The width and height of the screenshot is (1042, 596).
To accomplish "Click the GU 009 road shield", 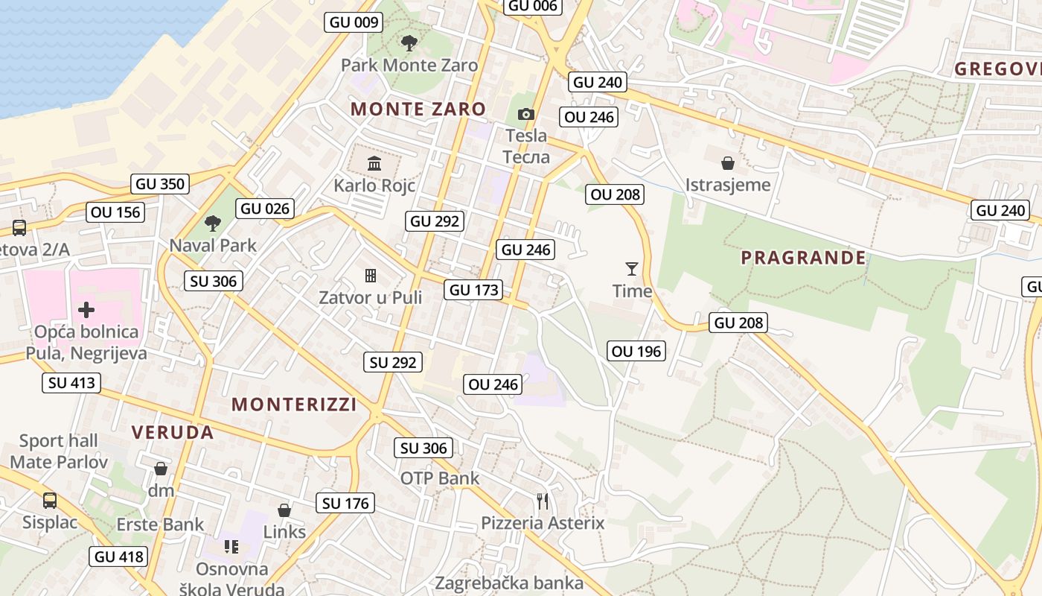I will pyautogui.click(x=354, y=22).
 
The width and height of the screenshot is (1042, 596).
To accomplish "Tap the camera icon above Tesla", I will pyautogui.click(x=526, y=114).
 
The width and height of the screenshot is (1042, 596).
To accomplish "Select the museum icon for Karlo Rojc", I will pyautogui.click(x=374, y=163).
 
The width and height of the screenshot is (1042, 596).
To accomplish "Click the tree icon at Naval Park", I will pyautogui.click(x=213, y=223).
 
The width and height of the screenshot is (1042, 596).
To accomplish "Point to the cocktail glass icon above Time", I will pyautogui.click(x=632, y=268).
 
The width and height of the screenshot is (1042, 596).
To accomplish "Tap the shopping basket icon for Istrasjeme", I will pyautogui.click(x=728, y=162).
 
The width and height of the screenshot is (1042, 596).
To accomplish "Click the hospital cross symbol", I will pyautogui.click(x=86, y=309).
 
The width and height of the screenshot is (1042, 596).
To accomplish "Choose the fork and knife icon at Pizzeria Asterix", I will pyautogui.click(x=543, y=501).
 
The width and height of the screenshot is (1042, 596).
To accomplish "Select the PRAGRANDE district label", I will pyautogui.click(x=804, y=258).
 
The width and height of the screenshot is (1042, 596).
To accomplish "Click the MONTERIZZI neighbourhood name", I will pyautogui.click(x=294, y=405).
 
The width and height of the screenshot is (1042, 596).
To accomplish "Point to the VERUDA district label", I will pyautogui.click(x=173, y=432).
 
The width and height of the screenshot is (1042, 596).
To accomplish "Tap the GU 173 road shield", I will pyautogui.click(x=473, y=290).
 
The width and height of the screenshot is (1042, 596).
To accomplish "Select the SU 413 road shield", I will pyautogui.click(x=71, y=383).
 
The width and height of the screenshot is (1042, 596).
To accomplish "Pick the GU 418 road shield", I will pyautogui.click(x=118, y=557).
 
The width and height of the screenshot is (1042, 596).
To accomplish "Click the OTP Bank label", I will pyautogui.click(x=440, y=478).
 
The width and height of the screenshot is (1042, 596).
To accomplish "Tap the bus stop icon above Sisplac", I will pyautogui.click(x=50, y=501).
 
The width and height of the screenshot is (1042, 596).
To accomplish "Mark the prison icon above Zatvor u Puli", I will pyautogui.click(x=370, y=276).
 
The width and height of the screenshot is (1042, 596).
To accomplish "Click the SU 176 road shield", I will pyautogui.click(x=346, y=504).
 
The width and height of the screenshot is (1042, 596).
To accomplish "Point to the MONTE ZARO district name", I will pyautogui.click(x=418, y=109).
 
